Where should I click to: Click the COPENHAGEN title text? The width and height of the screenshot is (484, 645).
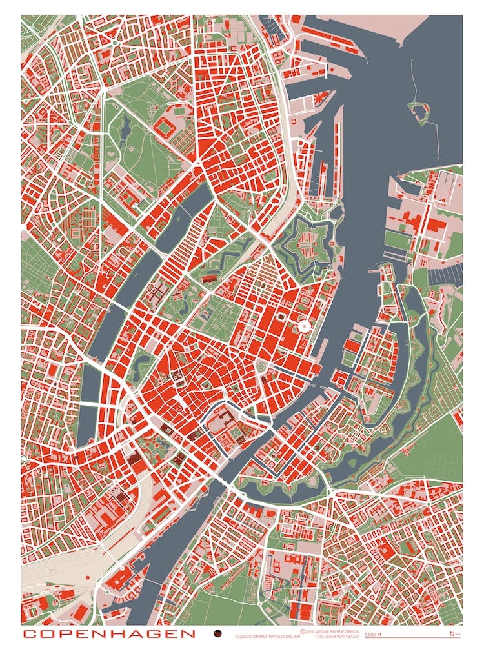pyautogui.click(x=108, y=634)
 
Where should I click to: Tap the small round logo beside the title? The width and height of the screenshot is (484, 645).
pyautogui.click(x=218, y=634)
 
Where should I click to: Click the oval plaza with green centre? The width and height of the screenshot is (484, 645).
pyautogui.click(x=261, y=367)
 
